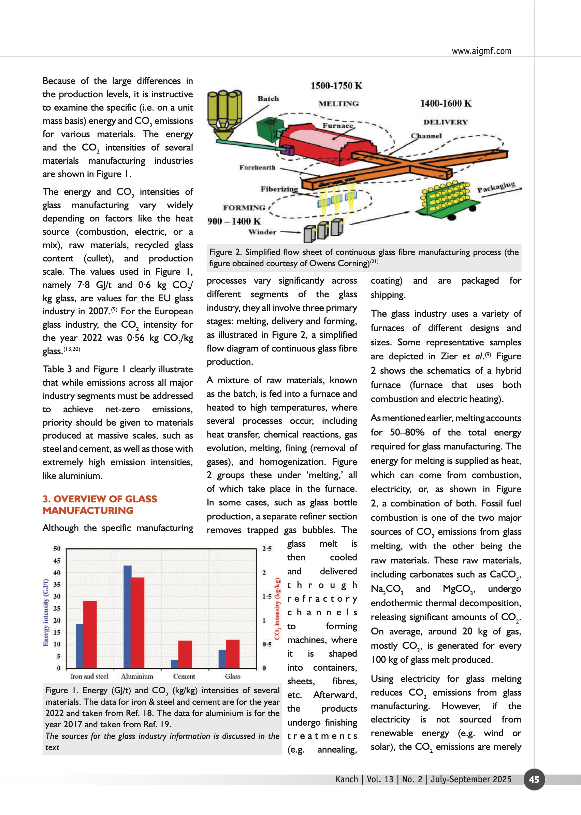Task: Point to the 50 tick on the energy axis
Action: click(57, 548)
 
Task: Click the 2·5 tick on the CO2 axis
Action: click(267, 548)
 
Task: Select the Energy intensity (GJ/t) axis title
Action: click(45, 612)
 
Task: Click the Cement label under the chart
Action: click(184, 676)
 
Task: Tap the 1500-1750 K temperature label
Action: click(336, 86)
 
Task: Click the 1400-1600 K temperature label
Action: click(446, 103)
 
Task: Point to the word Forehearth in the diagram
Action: click(257, 167)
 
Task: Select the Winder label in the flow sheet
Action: click(262, 232)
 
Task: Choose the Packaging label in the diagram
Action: click(496, 187)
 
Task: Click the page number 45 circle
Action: click(534, 779)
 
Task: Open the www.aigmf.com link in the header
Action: click(481, 51)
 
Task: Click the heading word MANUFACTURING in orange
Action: click(88, 511)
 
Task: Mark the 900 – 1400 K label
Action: click(234, 221)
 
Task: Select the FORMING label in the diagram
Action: click(244, 208)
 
